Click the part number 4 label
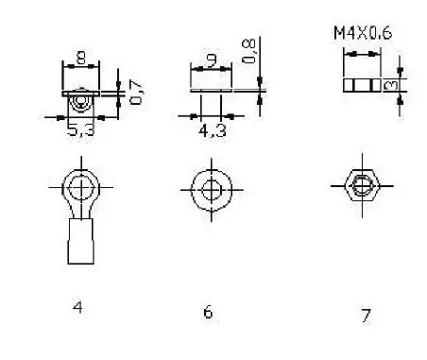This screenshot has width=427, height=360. (78, 307)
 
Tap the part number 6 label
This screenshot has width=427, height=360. (208, 313)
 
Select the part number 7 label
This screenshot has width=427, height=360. (366, 316)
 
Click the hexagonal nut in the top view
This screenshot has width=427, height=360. (359, 184)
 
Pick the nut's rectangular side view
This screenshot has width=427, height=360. (360, 84)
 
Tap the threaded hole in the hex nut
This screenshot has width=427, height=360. (359, 185)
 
